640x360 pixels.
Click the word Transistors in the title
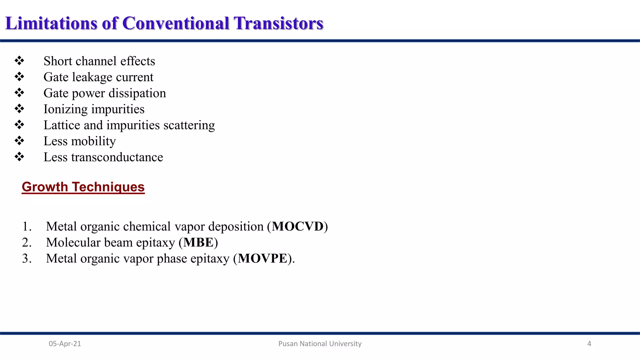click(278, 23)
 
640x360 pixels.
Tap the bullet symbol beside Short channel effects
click(19, 61)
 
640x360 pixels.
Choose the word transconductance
click(117, 157)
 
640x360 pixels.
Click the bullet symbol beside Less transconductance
click(19, 157)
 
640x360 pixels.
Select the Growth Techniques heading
click(83, 187)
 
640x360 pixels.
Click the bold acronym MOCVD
click(297, 227)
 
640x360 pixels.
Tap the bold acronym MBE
click(198, 242)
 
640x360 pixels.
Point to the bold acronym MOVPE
click(262, 258)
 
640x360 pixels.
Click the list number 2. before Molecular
click(27, 242)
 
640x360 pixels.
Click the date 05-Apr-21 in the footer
click(65, 344)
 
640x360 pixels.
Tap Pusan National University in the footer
click(320, 344)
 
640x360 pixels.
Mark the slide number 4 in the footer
click(589, 344)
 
